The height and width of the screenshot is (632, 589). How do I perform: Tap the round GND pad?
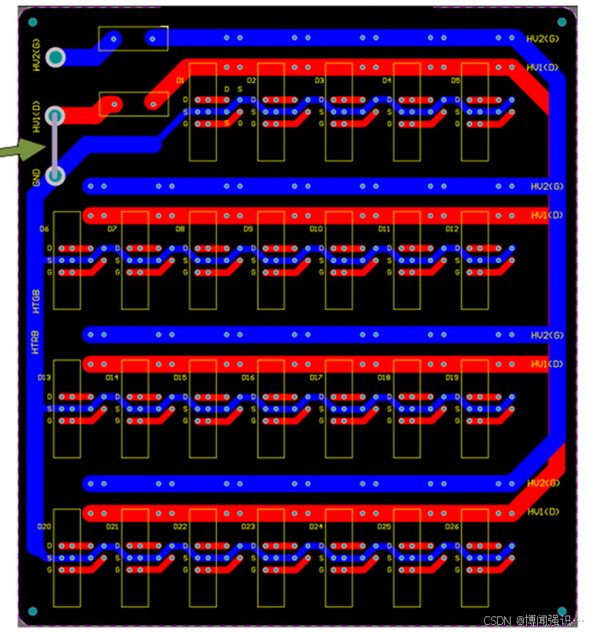[x=55, y=175]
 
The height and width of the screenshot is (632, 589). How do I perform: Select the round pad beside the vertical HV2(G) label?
[x=55, y=57]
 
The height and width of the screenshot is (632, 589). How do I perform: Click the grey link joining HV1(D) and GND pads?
[x=55, y=146]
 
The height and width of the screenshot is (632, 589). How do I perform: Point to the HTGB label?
[x=35, y=302]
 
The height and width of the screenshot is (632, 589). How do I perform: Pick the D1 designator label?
[x=180, y=81]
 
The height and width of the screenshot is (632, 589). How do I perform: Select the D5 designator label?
[x=455, y=81]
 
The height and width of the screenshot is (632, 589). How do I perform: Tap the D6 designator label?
[x=44, y=229]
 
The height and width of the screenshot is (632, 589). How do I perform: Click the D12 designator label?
[x=452, y=229]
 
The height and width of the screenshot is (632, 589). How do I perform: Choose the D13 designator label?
[x=44, y=377]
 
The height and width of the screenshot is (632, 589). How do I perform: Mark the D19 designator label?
[x=452, y=377]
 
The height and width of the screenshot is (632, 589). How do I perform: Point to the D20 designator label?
[x=44, y=526]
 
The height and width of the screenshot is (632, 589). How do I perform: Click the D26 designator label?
[x=452, y=526]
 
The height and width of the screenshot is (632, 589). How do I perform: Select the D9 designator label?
[x=248, y=229]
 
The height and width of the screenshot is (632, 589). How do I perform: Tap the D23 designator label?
[x=248, y=526]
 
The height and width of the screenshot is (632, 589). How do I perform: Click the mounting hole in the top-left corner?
[x=33, y=22]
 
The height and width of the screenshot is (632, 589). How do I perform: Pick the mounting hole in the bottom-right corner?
[x=562, y=611]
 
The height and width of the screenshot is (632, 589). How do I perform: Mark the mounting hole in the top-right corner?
[x=562, y=22]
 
